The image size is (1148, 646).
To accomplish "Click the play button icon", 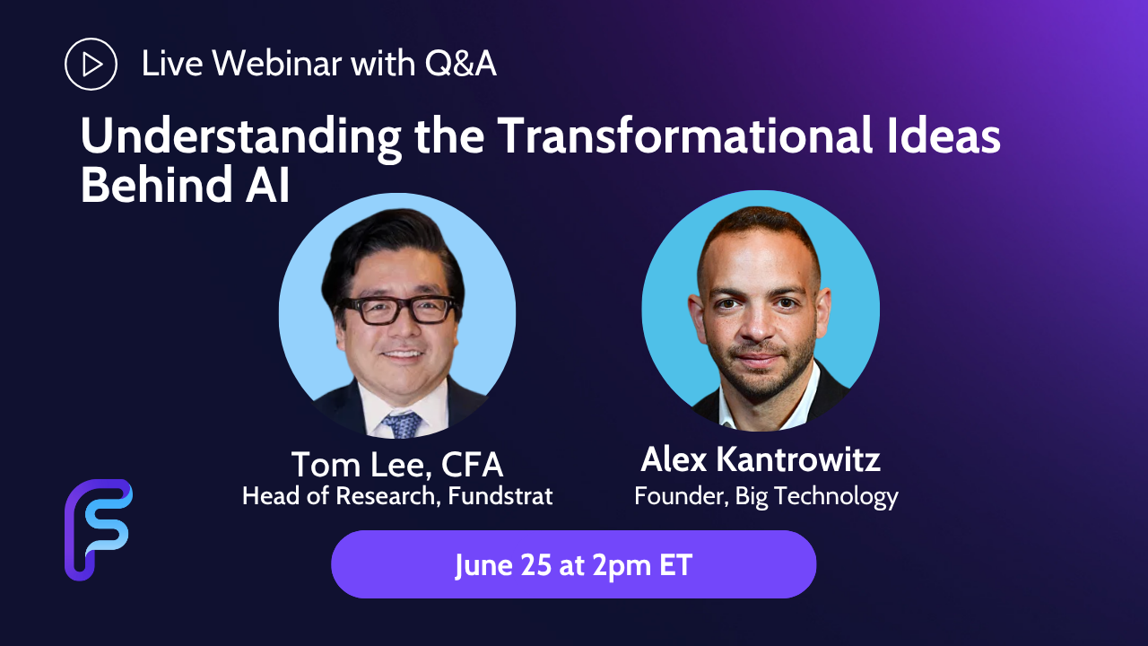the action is pyautogui.click(x=91, y=64).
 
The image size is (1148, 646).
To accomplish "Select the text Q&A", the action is pyautogui.click(x=460, y=64).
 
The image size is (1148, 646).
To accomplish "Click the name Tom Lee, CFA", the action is pyautogui.click(x=397, y=465).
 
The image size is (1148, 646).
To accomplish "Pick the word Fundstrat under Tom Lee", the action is pyautogui.click(x=500, y=496).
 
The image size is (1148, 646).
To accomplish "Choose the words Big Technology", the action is pyautogui.click(x=817, y=497).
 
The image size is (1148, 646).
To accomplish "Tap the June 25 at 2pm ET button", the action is pyautogui.click(x=573, y=564).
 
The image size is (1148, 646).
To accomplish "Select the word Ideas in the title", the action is pyautogui.click(x=944, y=135).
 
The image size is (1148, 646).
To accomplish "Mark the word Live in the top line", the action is pyautogui.click(x=171, y=64).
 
